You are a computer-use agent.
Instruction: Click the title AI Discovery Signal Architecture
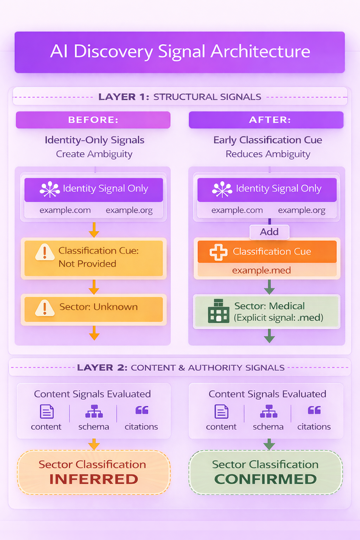click(180, 52)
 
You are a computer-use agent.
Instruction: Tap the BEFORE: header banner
click(93, 120)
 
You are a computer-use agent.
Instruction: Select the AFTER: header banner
click(266, 120)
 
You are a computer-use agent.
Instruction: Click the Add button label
click(269, 231)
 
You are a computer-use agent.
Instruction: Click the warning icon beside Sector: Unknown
click(45, 308)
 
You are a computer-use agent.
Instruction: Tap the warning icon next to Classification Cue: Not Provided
click(45, 253)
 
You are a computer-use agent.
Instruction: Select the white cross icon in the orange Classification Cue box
click(218, 252)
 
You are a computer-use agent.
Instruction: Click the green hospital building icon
click(218, 312)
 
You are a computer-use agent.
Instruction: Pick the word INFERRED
click(94, 479)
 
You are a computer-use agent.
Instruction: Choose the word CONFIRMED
click(265, 479)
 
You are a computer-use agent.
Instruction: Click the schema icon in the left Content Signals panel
click(94, 412)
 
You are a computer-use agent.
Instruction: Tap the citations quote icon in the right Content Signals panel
click(314, 411)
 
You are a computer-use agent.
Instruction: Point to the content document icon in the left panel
click(46, 412)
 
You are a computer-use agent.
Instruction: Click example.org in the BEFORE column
click(129, 210)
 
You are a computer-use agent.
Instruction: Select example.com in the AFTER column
click(237, 210)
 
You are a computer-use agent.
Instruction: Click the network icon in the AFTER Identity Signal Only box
click(222, 189)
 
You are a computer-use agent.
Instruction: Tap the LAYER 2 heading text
click(102, 367)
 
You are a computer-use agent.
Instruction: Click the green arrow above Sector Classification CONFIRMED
click(269, 444)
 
